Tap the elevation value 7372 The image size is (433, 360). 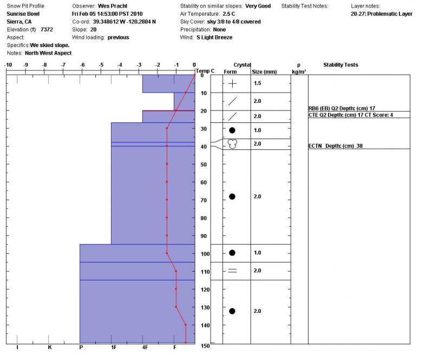[47, 30]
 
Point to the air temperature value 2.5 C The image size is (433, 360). [231, 14]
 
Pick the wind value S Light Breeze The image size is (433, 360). [215, 37]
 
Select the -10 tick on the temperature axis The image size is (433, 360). [8, 65]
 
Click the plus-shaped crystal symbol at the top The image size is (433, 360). [232, 84]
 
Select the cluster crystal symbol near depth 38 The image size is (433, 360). [233, 144]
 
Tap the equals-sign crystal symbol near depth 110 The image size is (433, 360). [232, 271]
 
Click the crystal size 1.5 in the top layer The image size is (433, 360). [258, 84]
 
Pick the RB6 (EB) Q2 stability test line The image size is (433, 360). [342, 108]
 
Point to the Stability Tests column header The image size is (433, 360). [340, 65]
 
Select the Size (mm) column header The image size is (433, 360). [265, 71]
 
